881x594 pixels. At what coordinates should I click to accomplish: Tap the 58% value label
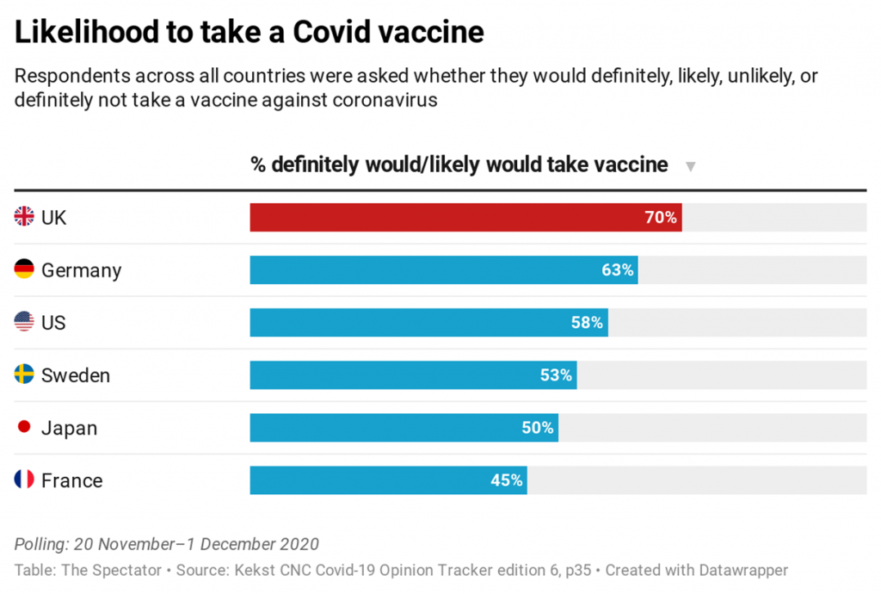click(x=587, y=323)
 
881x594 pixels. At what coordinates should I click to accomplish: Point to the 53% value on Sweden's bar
click(x=556, y=375)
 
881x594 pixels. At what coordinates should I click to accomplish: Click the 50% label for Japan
click(x=538, y=428)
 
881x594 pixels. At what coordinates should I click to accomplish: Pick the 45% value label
click(x=507, y=480)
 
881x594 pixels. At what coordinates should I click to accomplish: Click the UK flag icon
click(x=24, y=217)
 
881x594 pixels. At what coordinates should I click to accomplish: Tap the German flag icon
click(x=24, y=269)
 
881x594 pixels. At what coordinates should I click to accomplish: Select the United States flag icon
click(x=24, y=322)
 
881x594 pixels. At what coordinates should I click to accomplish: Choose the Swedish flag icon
click(x=24, y=374)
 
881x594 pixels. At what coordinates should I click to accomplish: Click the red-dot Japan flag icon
click(x=24, y=427)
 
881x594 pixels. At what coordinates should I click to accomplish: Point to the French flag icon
click(x=24, y=480)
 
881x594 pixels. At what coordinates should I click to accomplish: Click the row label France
click(x=71, y=480)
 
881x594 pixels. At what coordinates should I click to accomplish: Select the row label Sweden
click(x=76, y=375)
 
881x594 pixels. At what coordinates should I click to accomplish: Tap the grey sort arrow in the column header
click(x=690, y=166)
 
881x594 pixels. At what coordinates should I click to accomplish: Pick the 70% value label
click(x=662, y=218)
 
